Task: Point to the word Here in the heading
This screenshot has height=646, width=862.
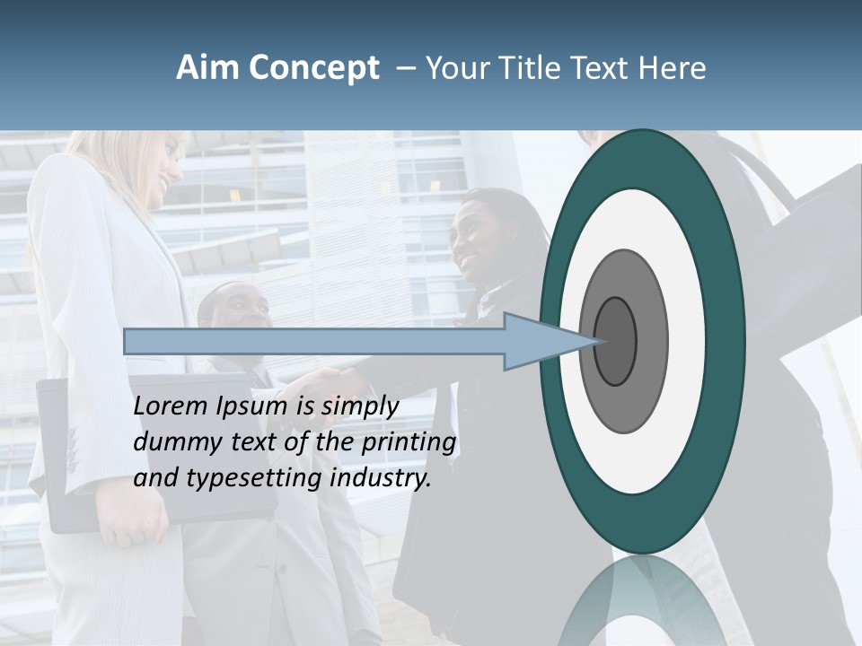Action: coord(673,68)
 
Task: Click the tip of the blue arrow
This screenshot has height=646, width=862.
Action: coord(596,341)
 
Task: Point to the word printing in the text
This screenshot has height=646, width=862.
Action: coord(408,443)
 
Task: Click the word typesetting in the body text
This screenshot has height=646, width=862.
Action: coord(255,479)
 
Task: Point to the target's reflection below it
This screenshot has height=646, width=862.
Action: coord(643,601)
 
